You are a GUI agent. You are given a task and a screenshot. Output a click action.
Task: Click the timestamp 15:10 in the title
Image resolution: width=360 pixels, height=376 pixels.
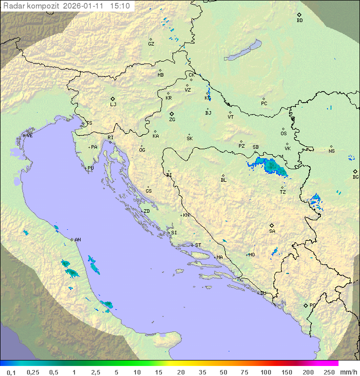point(120,6)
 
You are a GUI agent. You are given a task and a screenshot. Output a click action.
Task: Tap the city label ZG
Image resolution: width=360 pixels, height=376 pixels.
point(172,120)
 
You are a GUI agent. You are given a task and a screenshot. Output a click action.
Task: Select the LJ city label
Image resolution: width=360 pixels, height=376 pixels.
point(113,105)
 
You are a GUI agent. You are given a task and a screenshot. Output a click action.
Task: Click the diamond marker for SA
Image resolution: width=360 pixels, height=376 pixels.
point(272,225)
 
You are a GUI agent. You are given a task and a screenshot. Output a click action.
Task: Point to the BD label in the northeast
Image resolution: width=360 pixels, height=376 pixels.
point(299,21)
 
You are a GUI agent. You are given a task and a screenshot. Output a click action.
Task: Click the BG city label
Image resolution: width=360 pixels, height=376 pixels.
point(355,177)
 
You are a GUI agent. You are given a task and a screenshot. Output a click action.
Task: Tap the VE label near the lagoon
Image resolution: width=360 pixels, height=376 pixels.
point(29,136)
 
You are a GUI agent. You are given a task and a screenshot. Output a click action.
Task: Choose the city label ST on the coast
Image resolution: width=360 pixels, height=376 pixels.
point(198,245)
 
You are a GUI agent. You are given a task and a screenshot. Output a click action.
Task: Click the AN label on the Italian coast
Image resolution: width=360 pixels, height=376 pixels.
point(77,240)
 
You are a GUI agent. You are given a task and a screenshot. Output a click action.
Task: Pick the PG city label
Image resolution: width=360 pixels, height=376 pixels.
point(312,305)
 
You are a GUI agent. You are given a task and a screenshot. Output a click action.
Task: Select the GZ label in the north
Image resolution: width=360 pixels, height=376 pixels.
point(151,44)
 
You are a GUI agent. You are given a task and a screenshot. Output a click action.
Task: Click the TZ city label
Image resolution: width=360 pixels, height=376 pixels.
point(283,192)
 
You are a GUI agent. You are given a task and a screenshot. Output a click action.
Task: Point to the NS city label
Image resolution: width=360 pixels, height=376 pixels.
point(331,151)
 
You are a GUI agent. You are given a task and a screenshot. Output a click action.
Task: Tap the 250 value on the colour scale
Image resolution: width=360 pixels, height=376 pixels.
point(328,372)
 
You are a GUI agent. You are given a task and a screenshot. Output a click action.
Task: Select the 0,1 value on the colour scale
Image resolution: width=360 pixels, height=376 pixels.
point(11,372)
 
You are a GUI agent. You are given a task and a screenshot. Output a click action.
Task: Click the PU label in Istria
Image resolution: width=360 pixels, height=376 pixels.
point(90,168)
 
